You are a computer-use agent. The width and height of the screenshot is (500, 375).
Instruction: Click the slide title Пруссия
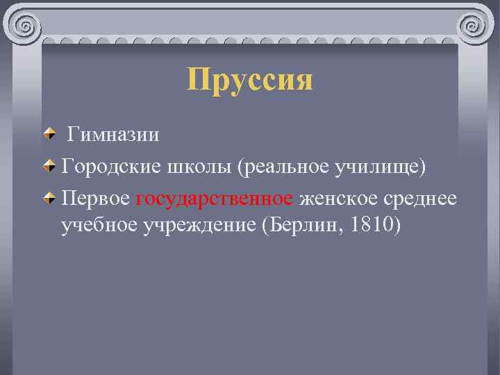click(250, 80)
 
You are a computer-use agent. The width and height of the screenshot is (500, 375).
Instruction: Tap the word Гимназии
click(114, 135)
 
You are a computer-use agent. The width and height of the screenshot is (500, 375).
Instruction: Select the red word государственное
click(215, 199)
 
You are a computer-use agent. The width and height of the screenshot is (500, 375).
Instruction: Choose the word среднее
click(421, 199)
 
